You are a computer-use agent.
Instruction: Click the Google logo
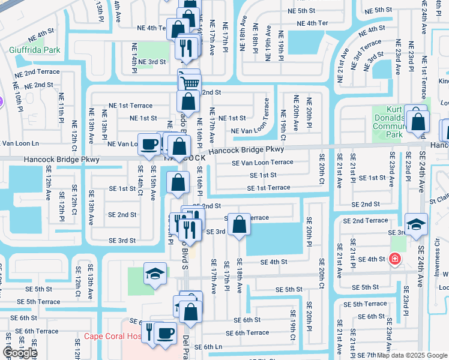(x=20, y=353)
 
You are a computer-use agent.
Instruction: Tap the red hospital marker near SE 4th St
(x=394, y=259)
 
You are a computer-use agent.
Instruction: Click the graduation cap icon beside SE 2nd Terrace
(x=417, y=224)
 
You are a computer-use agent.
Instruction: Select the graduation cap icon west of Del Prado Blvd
(x=155, y=274)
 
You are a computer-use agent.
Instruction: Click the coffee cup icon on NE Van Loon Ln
(x=148, y=143)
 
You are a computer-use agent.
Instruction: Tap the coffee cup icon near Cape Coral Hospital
(x=164, y=332)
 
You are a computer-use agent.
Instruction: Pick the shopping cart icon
(x=189, y=82)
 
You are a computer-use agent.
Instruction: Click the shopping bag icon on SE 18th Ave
(x=239, y=225)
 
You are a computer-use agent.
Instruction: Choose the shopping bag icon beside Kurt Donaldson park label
(x=417, y=122)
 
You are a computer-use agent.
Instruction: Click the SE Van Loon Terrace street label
(x=263, y=162)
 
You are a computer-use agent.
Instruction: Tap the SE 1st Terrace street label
(x=268, y=188)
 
